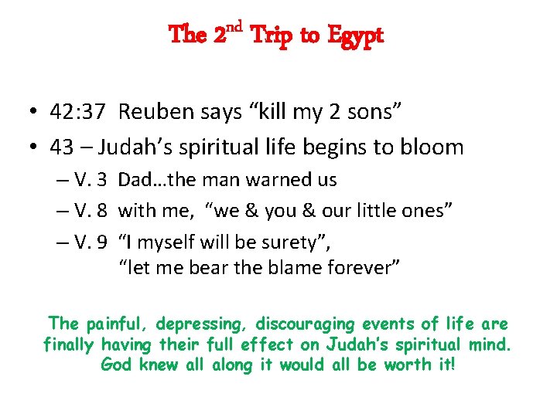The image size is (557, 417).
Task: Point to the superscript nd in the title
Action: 234,29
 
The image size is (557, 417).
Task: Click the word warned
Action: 275,180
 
